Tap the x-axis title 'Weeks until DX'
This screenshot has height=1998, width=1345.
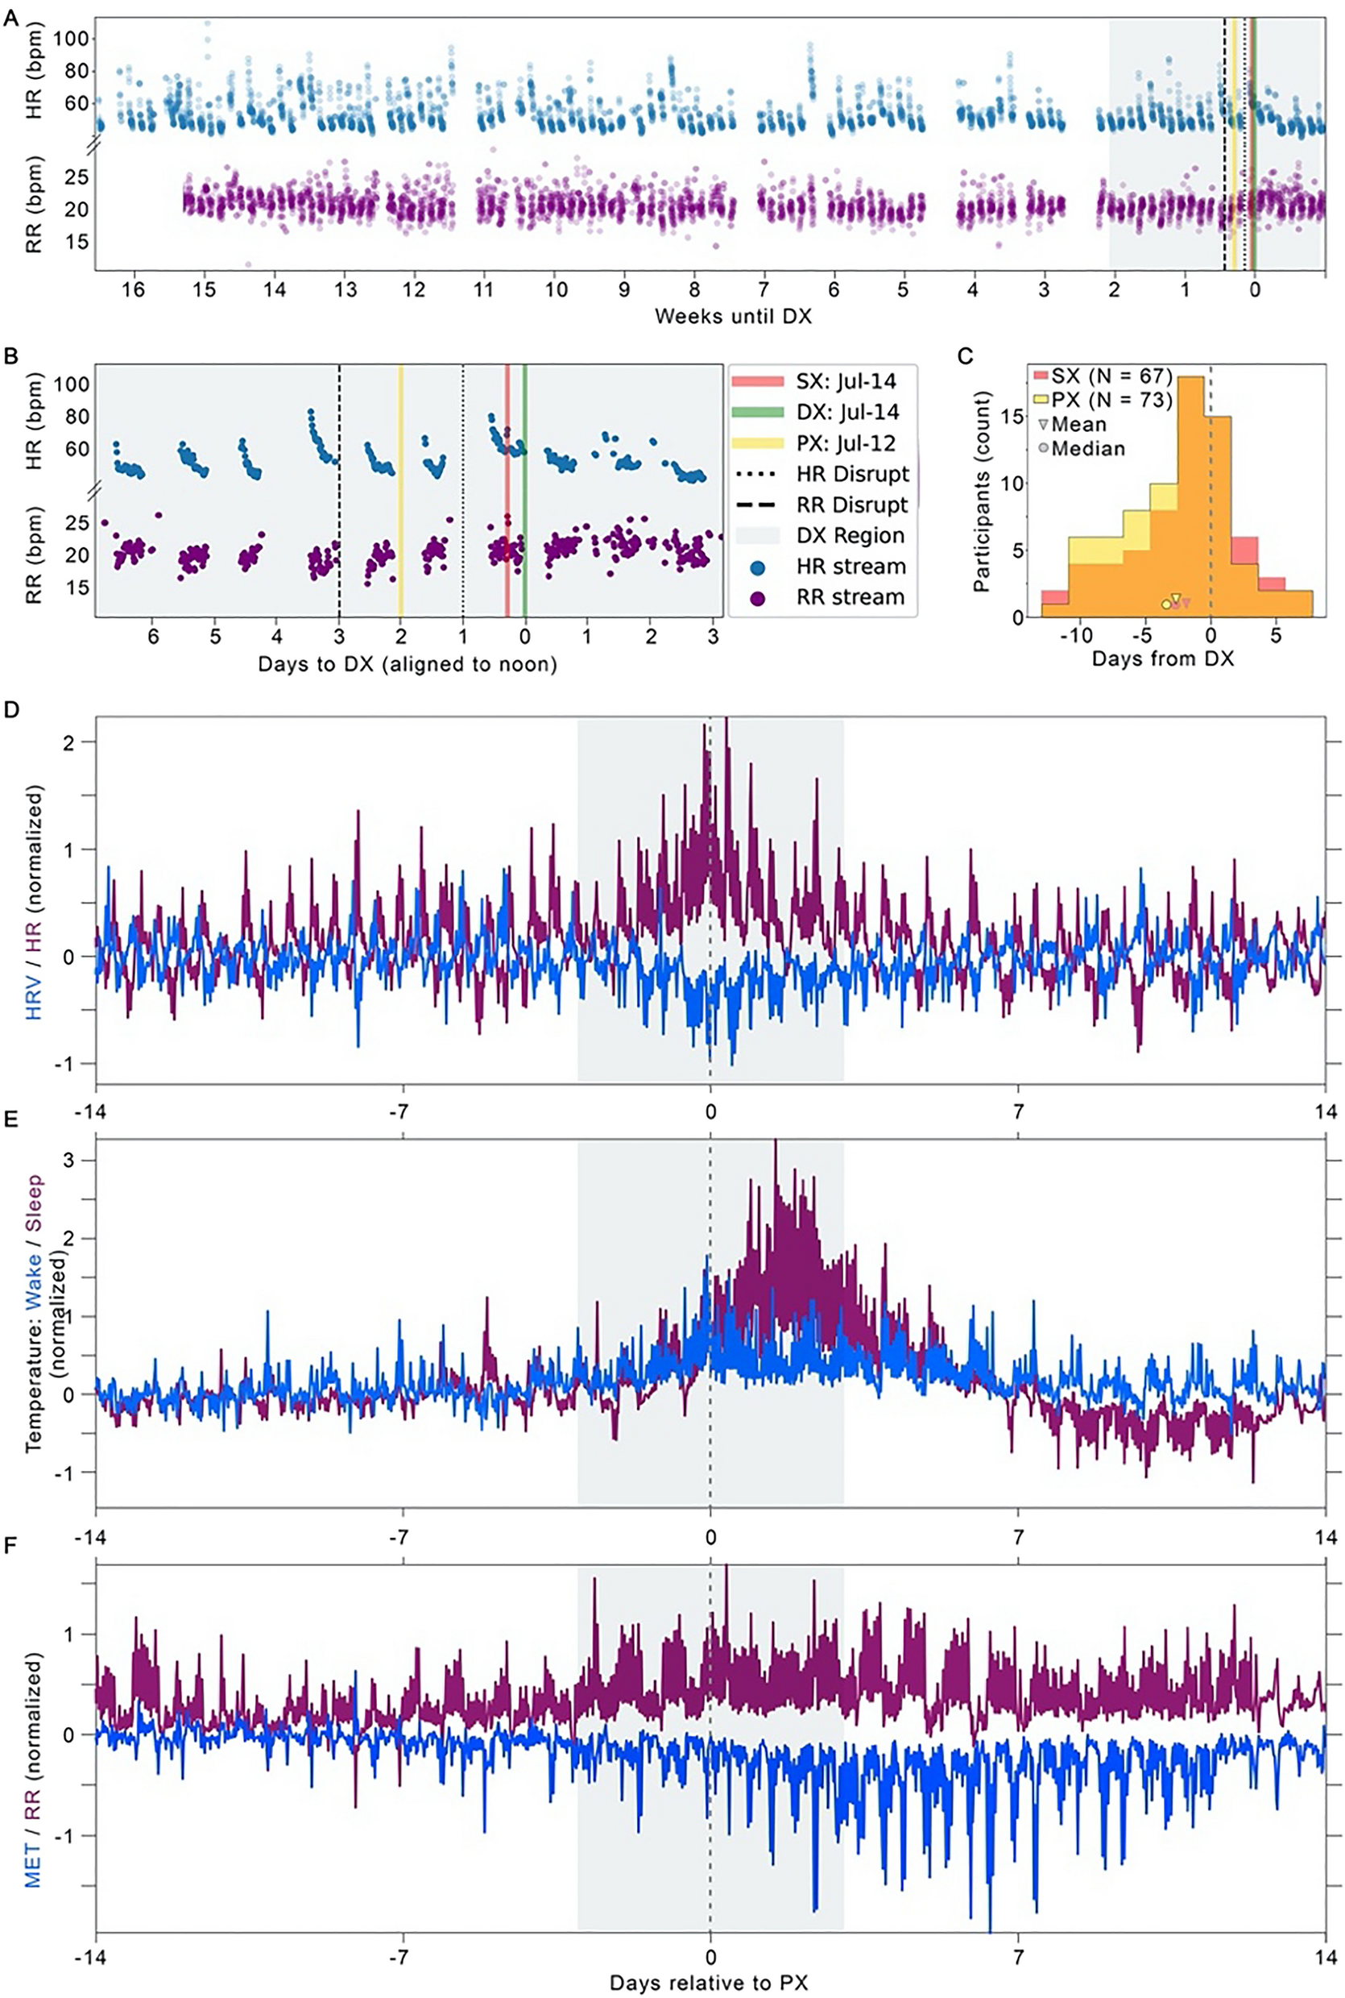(x=733, y=317)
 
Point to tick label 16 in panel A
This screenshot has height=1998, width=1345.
(x=132, y=290)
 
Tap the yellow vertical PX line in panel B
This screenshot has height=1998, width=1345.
(x=400, y=489)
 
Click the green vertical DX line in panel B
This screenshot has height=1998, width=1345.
(x=525, y=489)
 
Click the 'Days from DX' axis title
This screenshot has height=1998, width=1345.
(x=1162, y=660)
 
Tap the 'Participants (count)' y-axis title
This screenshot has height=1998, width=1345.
(x=984, y=491)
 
